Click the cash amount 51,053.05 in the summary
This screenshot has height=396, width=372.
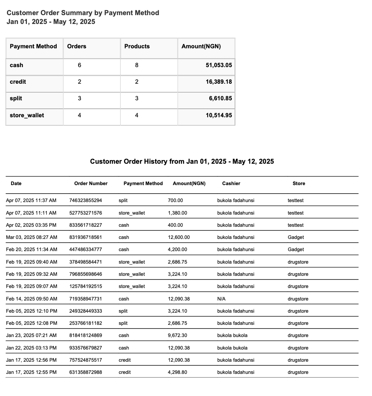pos(218,65)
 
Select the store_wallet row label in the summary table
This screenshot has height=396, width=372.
pos(27,115)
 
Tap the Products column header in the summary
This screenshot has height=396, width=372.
pos(137,46)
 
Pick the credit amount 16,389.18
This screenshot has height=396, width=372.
pos(218,82)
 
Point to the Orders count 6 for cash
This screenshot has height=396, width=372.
pos(80,65)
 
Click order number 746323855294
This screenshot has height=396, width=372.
pos(85,201)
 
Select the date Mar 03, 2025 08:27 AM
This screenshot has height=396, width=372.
pos(32,237)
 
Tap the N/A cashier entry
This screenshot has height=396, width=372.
pos(221,299)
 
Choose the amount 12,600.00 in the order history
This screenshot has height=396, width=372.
pos(179,237)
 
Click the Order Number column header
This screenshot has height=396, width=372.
pos(91,184)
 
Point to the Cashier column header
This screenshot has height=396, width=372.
pos(231,184)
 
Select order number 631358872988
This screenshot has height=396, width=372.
pos(85,372)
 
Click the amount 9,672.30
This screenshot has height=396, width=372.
pos(178,336)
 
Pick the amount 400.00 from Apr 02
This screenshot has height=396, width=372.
pos(175,225)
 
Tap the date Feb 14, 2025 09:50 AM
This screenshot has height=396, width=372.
pos(32,299)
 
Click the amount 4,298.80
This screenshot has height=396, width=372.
pos(178,372)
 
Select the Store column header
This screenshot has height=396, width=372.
pos(299,184)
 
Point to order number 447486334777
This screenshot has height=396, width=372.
pos(85,250)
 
